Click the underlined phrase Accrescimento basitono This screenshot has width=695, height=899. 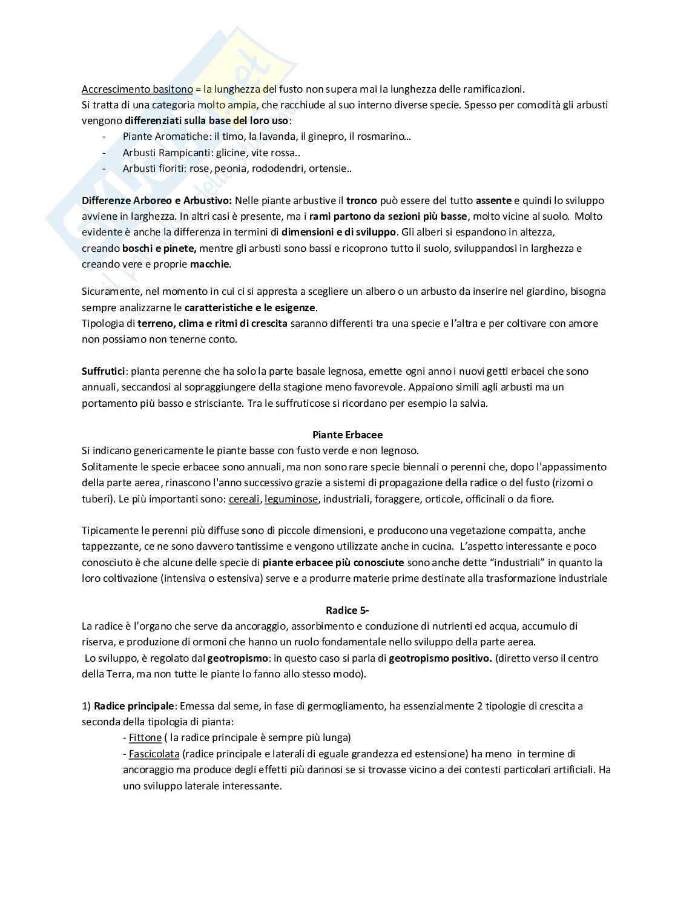pos(137,89)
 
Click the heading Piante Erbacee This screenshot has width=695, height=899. pos(347,435)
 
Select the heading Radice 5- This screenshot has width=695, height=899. pos(347,610)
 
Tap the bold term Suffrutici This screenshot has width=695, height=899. pos(103,371)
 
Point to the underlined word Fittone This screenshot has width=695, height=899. pos(145,737)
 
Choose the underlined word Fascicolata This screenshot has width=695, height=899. pos(154,754)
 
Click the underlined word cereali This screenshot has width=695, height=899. pos(244,499)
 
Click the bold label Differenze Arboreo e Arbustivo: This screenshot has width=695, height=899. pos(157,200)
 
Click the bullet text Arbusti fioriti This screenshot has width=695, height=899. pos(154,168)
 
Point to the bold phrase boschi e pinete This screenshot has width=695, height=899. pos(159,248)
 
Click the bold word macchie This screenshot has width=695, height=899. pos(209,264)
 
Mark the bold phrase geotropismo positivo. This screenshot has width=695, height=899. pos(440,658)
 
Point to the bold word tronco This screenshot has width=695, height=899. pos(361,200)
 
